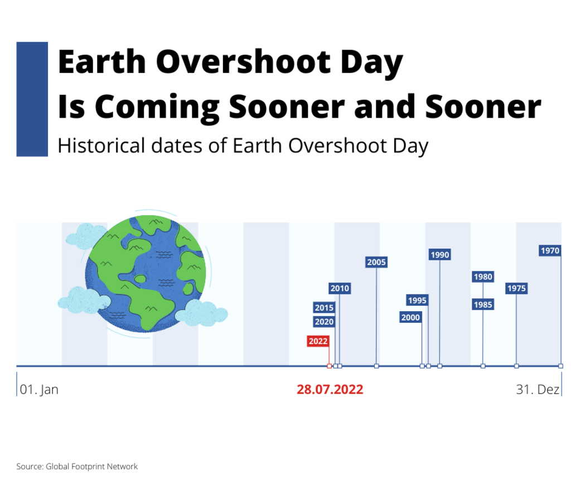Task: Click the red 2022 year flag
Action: pos(318,341)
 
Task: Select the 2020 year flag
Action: pos(324,322)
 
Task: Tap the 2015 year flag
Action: pos(324,307)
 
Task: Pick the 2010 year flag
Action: pos(340,288)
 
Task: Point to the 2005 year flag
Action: pos(376,262)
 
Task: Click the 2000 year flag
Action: pos(410,317)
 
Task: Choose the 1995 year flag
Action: pos(417,300)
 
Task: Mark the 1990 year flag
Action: pos(440,255)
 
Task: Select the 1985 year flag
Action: pos(483,304)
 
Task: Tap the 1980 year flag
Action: pos(483,277)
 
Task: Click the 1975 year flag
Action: pos(516,288)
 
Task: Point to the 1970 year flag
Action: pos(550,250)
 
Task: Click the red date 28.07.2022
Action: pos(330,389)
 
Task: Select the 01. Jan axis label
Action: pos(39,389)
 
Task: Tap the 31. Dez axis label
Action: pos(538,389)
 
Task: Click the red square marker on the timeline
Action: pos(329,366)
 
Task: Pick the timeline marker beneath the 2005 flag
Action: pos(376,366)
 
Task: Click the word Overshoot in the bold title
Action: pos(244,62)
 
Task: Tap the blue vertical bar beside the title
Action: pos(32,99)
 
